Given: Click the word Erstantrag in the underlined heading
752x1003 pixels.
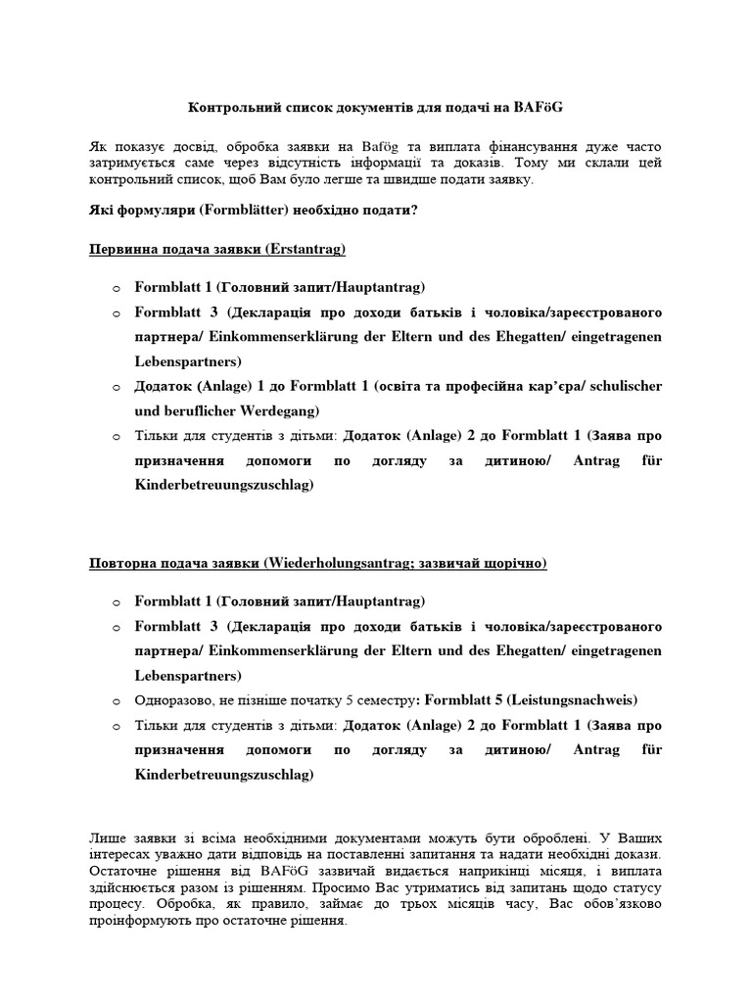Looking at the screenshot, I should click(311, 250).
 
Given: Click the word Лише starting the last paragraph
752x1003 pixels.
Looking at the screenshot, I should click(106, 839).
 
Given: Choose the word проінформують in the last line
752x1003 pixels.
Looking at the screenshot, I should click(137, 923).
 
